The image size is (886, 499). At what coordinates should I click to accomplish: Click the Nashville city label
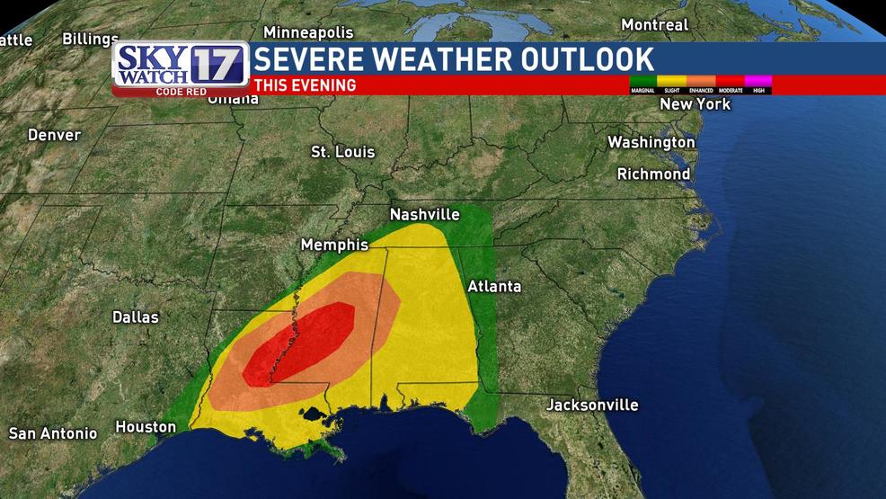[x=424, y=215]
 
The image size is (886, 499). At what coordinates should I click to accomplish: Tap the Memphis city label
[x=334, y=245]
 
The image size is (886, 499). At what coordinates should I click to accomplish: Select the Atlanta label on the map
[x=493, y=287]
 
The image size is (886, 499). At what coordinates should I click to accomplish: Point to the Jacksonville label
[x=592, y=405]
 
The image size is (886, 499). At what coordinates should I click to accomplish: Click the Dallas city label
[x=136, y=316]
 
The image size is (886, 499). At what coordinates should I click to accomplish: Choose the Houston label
[x=146, y=427]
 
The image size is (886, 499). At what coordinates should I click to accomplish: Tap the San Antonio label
[x=53, y=433]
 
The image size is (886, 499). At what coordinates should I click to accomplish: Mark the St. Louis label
[x=342, y=152]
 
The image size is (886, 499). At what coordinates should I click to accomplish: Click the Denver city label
[x=54, y=135]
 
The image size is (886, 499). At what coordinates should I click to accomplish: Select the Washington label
[x=651, y=142]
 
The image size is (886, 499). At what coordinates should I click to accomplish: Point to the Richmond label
[x=653, y=174]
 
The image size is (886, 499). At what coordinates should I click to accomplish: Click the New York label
[x=695, y=104]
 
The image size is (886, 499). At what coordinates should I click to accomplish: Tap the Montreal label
[x=655, y=25]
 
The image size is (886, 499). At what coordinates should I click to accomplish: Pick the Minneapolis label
[x=308, y=32]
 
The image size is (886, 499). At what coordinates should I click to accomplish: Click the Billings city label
[x=90, y=40]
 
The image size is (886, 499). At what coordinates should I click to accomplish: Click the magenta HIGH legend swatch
[x=758, y=81]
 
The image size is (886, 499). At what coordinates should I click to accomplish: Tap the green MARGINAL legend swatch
[x=642, y=81]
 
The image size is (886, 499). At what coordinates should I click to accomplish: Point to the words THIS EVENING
[x=305, y=85]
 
